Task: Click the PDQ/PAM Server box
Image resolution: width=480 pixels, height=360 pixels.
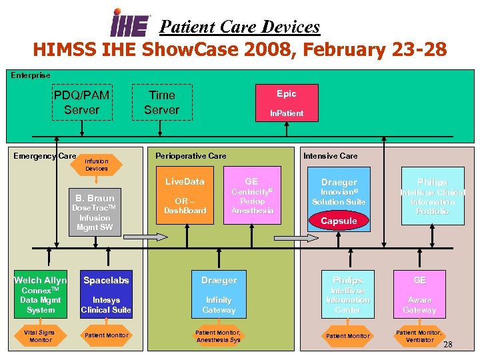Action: coord(81,103)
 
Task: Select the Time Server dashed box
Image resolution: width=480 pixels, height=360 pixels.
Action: coord(161,103)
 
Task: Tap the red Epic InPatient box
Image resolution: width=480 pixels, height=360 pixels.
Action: coord(286,103)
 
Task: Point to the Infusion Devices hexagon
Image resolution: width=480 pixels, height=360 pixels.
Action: coord(96,165)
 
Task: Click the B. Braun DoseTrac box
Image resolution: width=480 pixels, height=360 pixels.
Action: coord(95,212)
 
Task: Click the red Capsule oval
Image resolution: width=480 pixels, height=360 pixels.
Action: coord(339,221)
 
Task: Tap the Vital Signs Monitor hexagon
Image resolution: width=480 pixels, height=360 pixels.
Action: coord(39,336)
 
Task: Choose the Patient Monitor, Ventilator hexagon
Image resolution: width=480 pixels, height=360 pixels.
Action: coord(419,336)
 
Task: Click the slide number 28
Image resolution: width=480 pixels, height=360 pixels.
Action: coord(448,345)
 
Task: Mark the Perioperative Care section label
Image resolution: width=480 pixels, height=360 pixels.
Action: coord(191,156)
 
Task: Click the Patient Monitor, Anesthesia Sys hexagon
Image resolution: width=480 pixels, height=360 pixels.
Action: coord(218,336)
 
